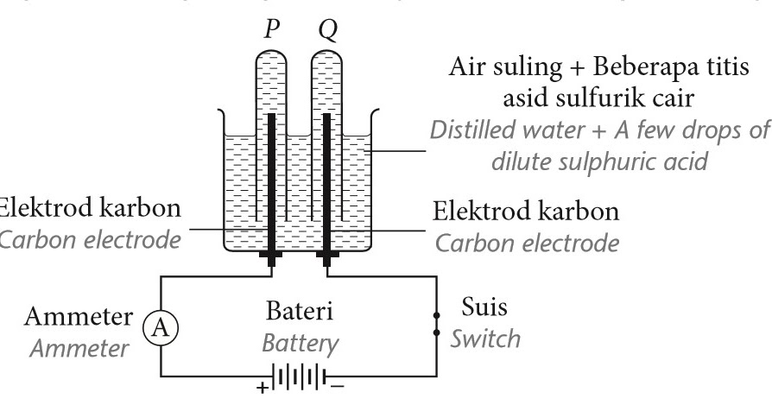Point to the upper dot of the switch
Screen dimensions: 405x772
coord(438,314)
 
